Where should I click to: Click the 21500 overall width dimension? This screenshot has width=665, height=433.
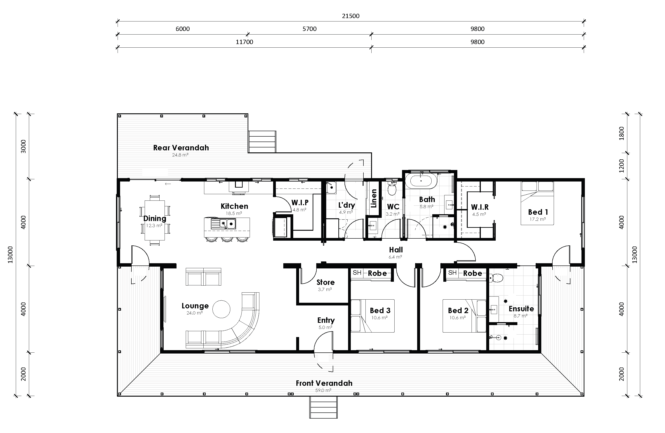[350, 16]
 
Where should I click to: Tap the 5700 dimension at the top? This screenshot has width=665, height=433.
[309, 29]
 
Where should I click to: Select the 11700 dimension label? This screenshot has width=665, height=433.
[244, 42]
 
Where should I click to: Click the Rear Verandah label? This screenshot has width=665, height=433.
[181, 148]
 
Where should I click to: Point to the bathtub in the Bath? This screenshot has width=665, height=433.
[421, 181]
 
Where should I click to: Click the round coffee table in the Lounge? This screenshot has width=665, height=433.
[221, 309]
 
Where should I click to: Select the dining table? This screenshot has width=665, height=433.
[155, 220]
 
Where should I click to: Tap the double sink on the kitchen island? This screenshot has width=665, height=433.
[223, 224]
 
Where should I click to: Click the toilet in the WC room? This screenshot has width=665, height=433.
[392, 189]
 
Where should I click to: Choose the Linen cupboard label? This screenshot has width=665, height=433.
[374, 198]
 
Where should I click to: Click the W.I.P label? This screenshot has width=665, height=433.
[300, 203]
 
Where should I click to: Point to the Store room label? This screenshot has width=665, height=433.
[325, 282]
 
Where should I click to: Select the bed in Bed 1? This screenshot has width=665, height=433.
[537, 203]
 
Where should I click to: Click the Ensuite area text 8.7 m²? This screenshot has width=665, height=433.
[520, 316]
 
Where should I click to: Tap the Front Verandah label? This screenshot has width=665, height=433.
[324, 383]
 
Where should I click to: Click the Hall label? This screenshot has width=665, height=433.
[396, 250]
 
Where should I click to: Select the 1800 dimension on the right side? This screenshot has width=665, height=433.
[621, 133]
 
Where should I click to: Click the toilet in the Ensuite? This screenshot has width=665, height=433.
[497, 278]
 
